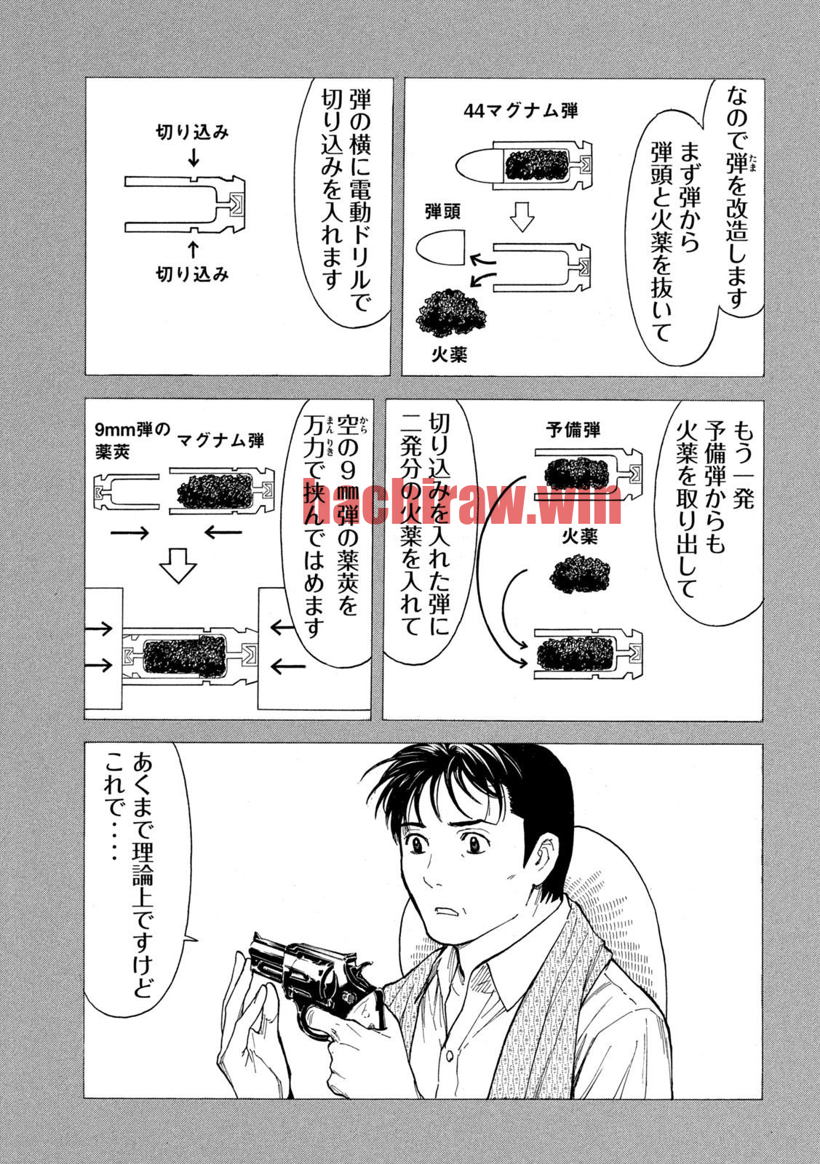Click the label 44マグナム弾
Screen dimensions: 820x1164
(x=520, y=111)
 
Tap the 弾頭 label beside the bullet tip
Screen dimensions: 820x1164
(x=442, y=212)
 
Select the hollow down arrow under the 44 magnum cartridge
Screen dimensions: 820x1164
(x=522, y=216)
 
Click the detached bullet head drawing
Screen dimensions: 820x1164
(x=441, y=249)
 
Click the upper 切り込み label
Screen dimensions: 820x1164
(x=192, y=132)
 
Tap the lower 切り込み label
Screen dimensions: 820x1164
(x=192, y=274)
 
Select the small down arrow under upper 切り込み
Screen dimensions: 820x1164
(x=194, y=157)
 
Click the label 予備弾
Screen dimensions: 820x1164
(x=573, y=429)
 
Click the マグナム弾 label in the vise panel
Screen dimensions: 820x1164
(x=221, y=441)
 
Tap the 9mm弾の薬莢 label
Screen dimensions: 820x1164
(x=132, y=441)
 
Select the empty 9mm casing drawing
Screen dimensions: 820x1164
(x=127, y=491)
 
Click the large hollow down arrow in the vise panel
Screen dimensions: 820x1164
(x=178, y=565)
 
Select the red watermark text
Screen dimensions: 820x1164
(x=462, y=501)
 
